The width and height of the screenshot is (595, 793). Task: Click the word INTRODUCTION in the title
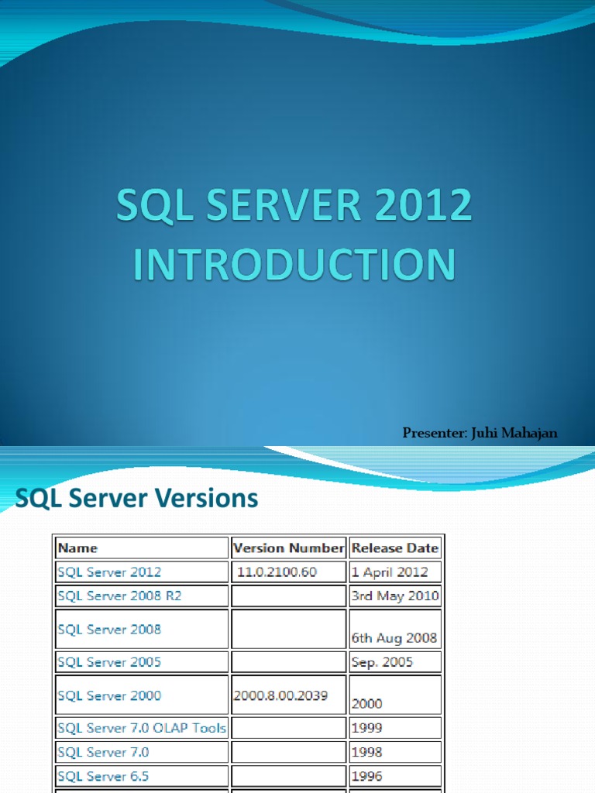pyautogui.click(x=294, y=264)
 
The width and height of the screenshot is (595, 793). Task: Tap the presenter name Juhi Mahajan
pyautogui.click(x=512, y=433)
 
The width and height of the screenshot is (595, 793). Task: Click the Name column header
pyautogui.click(x=78, y=548)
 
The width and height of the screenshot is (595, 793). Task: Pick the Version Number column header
pyautogui.click(x=289, y=548)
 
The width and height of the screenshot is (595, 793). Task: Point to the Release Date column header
pyautogui.click(x=395, y=548)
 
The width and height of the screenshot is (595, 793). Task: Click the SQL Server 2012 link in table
pyautogui.click(x=109, y=572)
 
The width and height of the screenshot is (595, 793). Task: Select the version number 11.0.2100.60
pyautogui.click(x=277, y=572)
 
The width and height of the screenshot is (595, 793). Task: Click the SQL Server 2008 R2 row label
pyautogui.click(x=120, y=596)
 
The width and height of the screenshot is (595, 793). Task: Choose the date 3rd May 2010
pyautogui.click(x=395, y=596)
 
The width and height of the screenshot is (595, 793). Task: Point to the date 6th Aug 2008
pyautogui.click(x=394, y=639)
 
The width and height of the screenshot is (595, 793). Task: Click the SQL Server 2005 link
pyautogui.click(x=109, y=662)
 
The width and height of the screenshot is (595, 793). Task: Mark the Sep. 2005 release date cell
pyautogui.click(x=382, y=662)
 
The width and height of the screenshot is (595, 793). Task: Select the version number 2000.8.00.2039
pyautogui.click(x=280, y=695)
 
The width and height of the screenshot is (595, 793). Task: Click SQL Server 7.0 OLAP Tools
pyautogui.click(x=142, y=728)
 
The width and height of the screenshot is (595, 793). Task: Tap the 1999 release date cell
pyautogui.click(x=366, y=728)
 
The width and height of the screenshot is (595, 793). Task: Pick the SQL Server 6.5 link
pyautogui.click(x=104, y=776)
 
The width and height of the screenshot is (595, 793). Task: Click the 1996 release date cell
pyautogui.click(x=366, y=776)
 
